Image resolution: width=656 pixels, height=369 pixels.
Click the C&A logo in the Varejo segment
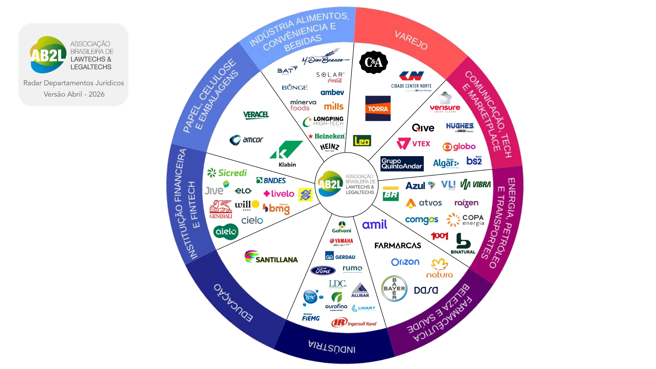[x=373, y=62]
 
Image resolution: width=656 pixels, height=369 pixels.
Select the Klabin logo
[x=286, y=153]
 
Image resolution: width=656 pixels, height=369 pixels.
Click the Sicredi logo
[x=227, y=173]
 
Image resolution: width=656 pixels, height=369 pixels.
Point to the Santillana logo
[x=271, y=257]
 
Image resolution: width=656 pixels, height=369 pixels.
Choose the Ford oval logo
[x=323, y=271]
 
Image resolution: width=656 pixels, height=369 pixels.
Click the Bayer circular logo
[x=394, y=289]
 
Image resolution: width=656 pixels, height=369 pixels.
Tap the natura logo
[x=439, y=268]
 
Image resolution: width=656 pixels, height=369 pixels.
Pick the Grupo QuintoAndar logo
[x=402, y=164]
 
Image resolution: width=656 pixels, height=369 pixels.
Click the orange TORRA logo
[x=378, y=109]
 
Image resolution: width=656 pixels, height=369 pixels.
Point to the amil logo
[x=374, y=224]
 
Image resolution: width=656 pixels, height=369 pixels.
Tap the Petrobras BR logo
[x=391, y=194]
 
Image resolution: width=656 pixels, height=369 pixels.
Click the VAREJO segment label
[x=411, y=40]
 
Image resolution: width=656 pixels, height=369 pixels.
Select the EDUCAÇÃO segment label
[x=233, y=303]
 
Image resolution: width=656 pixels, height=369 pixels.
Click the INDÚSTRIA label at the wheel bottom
[x=332, y=347]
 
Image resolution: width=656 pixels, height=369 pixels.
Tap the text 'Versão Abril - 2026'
[x=74, y=94]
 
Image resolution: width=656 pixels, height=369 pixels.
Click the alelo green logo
[x=226, y=232]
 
